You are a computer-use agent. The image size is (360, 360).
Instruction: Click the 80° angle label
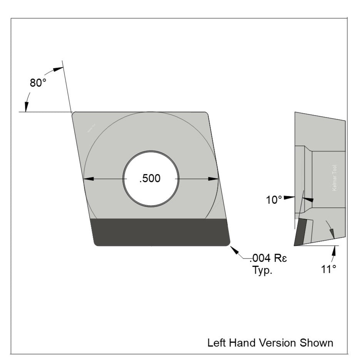tap(39, 83)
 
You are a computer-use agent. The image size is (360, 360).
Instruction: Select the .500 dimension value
tap(150, 179)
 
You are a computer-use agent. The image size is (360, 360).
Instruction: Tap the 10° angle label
tap(275, 200)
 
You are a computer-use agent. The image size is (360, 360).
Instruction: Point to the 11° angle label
tap(328, 269)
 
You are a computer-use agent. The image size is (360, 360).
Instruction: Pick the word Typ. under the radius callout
tap(262, 270)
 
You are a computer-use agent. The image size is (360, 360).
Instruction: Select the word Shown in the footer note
tap(317, 342)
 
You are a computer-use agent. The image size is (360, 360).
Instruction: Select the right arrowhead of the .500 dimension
tap(213, 179)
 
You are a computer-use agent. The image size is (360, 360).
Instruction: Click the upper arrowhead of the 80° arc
tap(57, 69)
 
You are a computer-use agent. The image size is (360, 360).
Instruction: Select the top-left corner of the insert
tap(74, 113)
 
